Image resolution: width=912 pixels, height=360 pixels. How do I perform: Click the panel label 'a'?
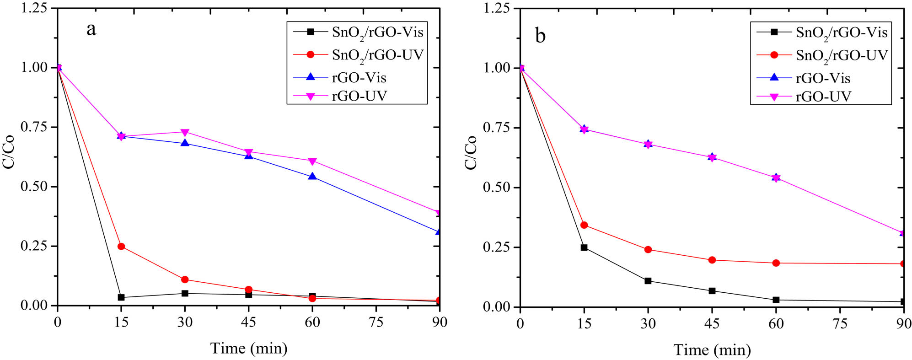91,30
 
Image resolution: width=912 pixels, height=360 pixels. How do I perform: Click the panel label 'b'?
540,36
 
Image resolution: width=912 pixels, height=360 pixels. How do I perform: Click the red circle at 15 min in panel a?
121,247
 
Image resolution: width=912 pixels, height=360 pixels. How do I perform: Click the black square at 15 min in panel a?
121,297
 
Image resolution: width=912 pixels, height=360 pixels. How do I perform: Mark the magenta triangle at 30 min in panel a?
185,133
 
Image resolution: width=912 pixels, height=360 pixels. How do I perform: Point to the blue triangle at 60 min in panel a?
312,176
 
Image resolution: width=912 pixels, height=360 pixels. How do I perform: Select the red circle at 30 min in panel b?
648,250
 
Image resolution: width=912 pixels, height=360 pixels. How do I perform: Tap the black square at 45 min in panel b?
712,291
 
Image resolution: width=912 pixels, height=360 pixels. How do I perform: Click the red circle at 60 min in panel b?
776,263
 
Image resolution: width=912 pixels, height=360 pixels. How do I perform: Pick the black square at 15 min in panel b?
584,247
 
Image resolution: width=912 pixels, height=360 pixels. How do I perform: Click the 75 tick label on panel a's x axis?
376,322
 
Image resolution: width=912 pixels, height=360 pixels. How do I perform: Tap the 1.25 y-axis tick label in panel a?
34,8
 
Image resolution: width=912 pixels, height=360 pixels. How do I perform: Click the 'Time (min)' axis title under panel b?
712,350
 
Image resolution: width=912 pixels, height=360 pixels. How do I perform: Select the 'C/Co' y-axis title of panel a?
9,152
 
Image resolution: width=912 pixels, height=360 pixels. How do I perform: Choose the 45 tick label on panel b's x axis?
712,324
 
